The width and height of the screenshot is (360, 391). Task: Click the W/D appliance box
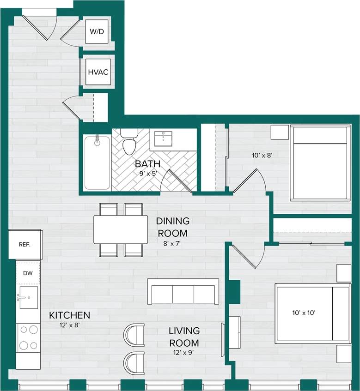tap(97, 31)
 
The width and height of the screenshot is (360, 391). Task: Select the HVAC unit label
tap(98, 72)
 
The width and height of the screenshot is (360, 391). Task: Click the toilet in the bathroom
tap(129, 141)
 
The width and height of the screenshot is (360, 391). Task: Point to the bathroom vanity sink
tap(163, 138)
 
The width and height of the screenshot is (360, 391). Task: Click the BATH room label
tap(147, 164)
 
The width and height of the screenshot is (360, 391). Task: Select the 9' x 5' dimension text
tap(147, 174)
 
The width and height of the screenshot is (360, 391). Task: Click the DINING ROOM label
tap(172, 227)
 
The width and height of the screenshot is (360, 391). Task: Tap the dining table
tap(120, 229)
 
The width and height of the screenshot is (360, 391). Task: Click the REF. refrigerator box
tap(25, 244)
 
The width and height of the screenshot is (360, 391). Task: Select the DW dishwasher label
tap(28, 273)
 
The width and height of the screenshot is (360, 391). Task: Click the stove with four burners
tap(28, 337)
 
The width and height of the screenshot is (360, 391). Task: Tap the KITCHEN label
tap(69, 315)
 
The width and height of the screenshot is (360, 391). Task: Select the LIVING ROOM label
tap(184, 337)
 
